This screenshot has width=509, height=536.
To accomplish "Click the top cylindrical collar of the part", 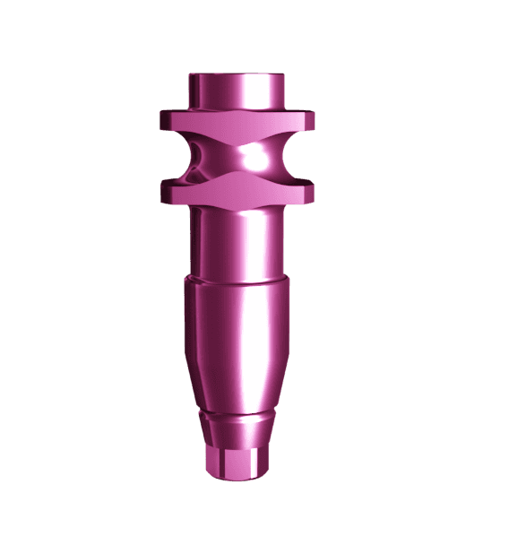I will pos(237,92).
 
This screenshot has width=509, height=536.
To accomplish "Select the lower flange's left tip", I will pos(163,188).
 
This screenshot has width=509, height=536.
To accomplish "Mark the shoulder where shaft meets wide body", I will pos(237,281).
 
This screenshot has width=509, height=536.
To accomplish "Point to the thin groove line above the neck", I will pos(235,415).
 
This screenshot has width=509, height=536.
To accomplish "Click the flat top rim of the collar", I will pos(237,77).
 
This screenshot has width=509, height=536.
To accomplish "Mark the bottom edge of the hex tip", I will pos(235,475).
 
